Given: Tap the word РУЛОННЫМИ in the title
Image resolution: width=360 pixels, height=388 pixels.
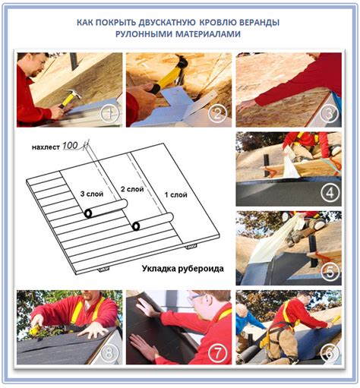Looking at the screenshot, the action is tap(144, 33).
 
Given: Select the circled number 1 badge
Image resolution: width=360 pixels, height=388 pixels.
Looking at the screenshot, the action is tap(109, 114).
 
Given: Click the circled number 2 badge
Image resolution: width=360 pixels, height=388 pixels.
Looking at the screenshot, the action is tap(218, 115).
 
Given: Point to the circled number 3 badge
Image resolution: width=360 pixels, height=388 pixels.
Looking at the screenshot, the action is tap(329, 114).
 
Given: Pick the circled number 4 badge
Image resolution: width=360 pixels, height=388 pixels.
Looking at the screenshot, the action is tap(330, 194).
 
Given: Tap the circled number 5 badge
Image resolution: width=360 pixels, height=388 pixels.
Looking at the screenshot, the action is tap(330, 272).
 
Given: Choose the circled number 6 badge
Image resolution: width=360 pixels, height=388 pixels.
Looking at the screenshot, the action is tap(330, 352).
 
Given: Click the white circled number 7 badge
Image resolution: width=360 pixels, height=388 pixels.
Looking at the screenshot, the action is tap(218, 352).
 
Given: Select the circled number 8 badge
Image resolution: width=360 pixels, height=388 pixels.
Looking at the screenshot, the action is tap(109, 352).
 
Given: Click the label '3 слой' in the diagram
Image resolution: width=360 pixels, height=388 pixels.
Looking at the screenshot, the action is tap(92, 194).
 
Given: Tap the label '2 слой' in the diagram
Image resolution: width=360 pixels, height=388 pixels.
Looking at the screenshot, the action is tap(132, 189).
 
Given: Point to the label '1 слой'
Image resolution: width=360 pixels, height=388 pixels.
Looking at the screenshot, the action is tap(176, 195).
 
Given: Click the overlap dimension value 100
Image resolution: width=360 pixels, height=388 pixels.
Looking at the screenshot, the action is tap(70, 146).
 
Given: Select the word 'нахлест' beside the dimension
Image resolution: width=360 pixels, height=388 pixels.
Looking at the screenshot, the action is tap(46, 147).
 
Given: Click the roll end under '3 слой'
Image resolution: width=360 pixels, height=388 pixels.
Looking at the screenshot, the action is tap(88, 213).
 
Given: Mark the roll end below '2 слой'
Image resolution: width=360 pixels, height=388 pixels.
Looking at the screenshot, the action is tap(136, 226).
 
